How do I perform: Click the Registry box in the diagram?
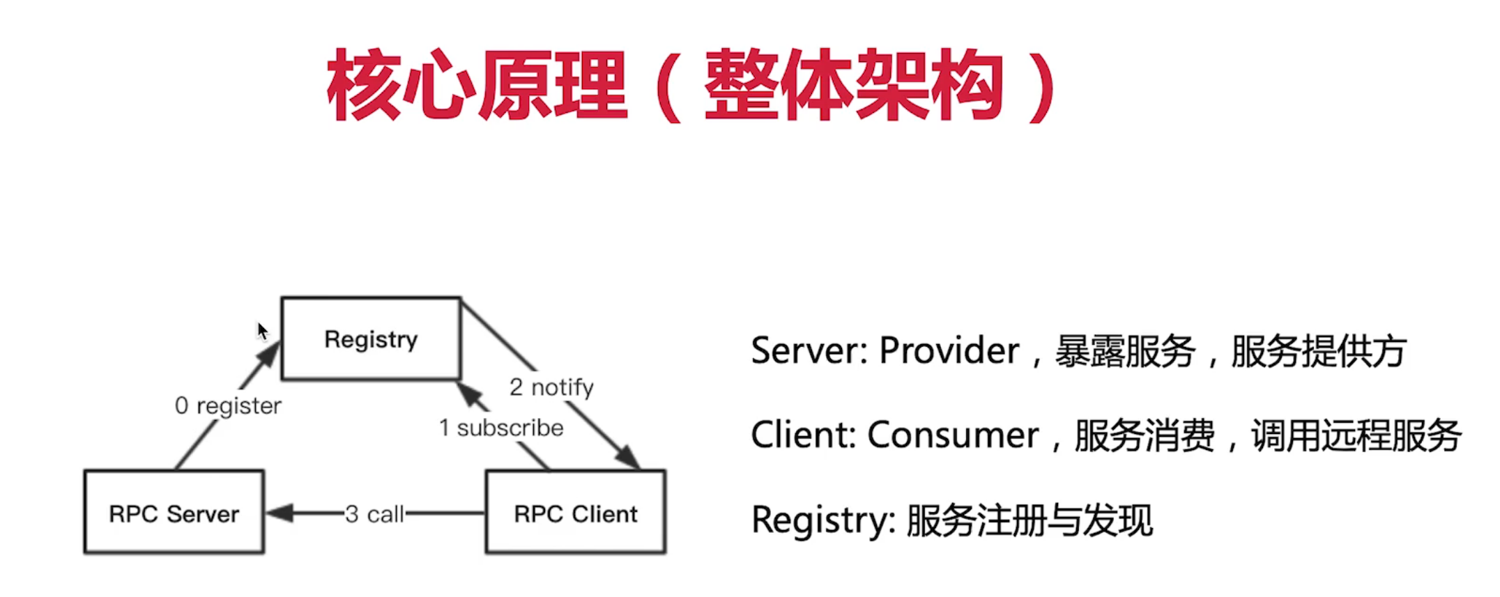click(x=371, y=339)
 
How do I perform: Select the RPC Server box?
click(x=174, y=513)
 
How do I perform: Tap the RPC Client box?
click(x=576, y=513)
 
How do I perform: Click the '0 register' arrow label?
click(x=228, y=405)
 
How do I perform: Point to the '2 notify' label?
click(x=551, y=387)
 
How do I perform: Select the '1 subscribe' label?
click(x=501, y=428)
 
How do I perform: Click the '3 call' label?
click(x=374, y=514)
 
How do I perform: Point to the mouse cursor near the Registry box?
click(x=262, y=330)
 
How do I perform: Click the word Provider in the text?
click(x=949, y=350)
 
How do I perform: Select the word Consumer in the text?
click(x=953, y=435)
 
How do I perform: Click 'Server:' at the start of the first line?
click(x=809, y=350)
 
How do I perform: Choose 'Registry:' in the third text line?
click(x=823, y=520)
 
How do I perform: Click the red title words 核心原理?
click(x=477, y=86)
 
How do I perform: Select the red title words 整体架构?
click(x=854, y=86)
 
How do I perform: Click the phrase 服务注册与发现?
click(x=1030, y=520)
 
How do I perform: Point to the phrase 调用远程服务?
click(x=1356, y=435)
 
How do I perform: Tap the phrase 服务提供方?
click(x=1318, y=350)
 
